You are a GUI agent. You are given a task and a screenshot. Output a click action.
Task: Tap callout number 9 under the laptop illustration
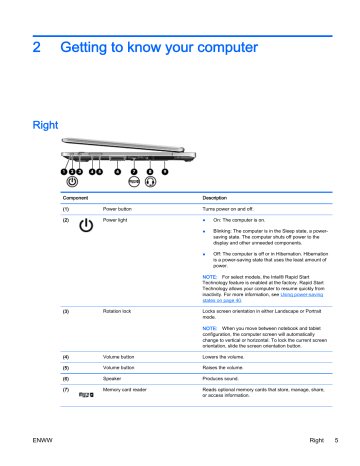tap(163, 171)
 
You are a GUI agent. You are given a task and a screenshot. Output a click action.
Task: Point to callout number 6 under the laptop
tap(118, 171)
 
